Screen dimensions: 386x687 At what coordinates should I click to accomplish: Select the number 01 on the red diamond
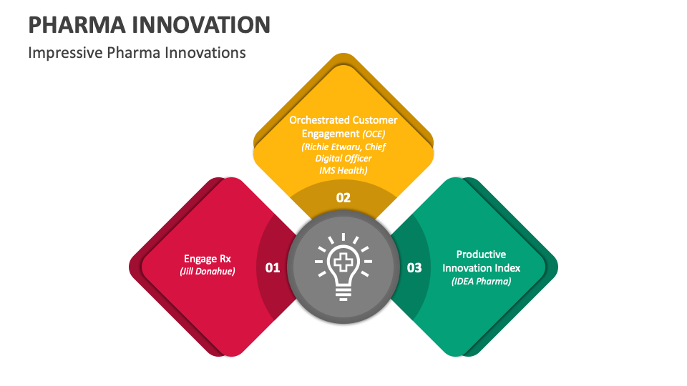point(273,268)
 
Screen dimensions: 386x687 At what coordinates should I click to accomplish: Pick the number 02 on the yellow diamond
point(343,197)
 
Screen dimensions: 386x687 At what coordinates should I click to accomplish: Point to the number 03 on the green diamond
point(414,268)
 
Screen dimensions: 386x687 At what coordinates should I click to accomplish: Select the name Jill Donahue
point(208,272)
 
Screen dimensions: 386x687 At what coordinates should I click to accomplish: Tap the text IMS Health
point(343,170)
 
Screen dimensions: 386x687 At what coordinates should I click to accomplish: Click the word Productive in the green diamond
point(481,254)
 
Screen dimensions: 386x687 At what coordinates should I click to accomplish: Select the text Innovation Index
point(481,267)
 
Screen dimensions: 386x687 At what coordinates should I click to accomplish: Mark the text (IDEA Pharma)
point(481,281)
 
